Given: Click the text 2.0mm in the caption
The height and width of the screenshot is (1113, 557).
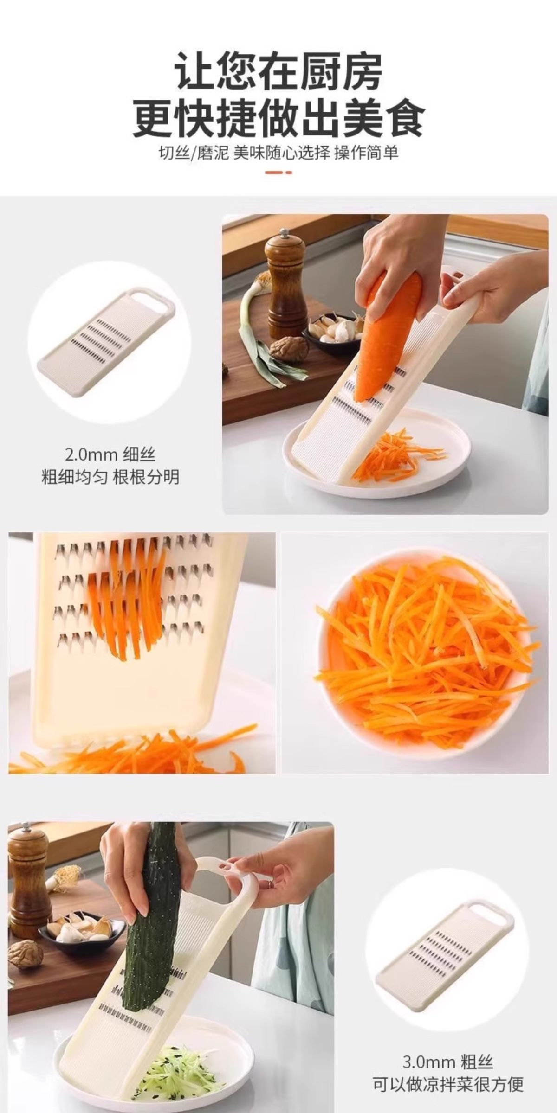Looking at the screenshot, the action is pos(91,454).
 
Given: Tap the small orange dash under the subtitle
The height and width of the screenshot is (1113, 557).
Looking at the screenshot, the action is pos(279,173).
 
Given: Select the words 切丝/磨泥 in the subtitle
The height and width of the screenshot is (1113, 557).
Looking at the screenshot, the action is pos(194,153).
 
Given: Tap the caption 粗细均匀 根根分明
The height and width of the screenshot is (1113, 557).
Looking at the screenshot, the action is pos(110,477).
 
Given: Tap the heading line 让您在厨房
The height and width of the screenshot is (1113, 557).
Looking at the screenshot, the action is pos(279,72).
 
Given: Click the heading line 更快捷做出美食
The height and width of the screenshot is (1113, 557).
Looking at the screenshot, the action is pos(279,118).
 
